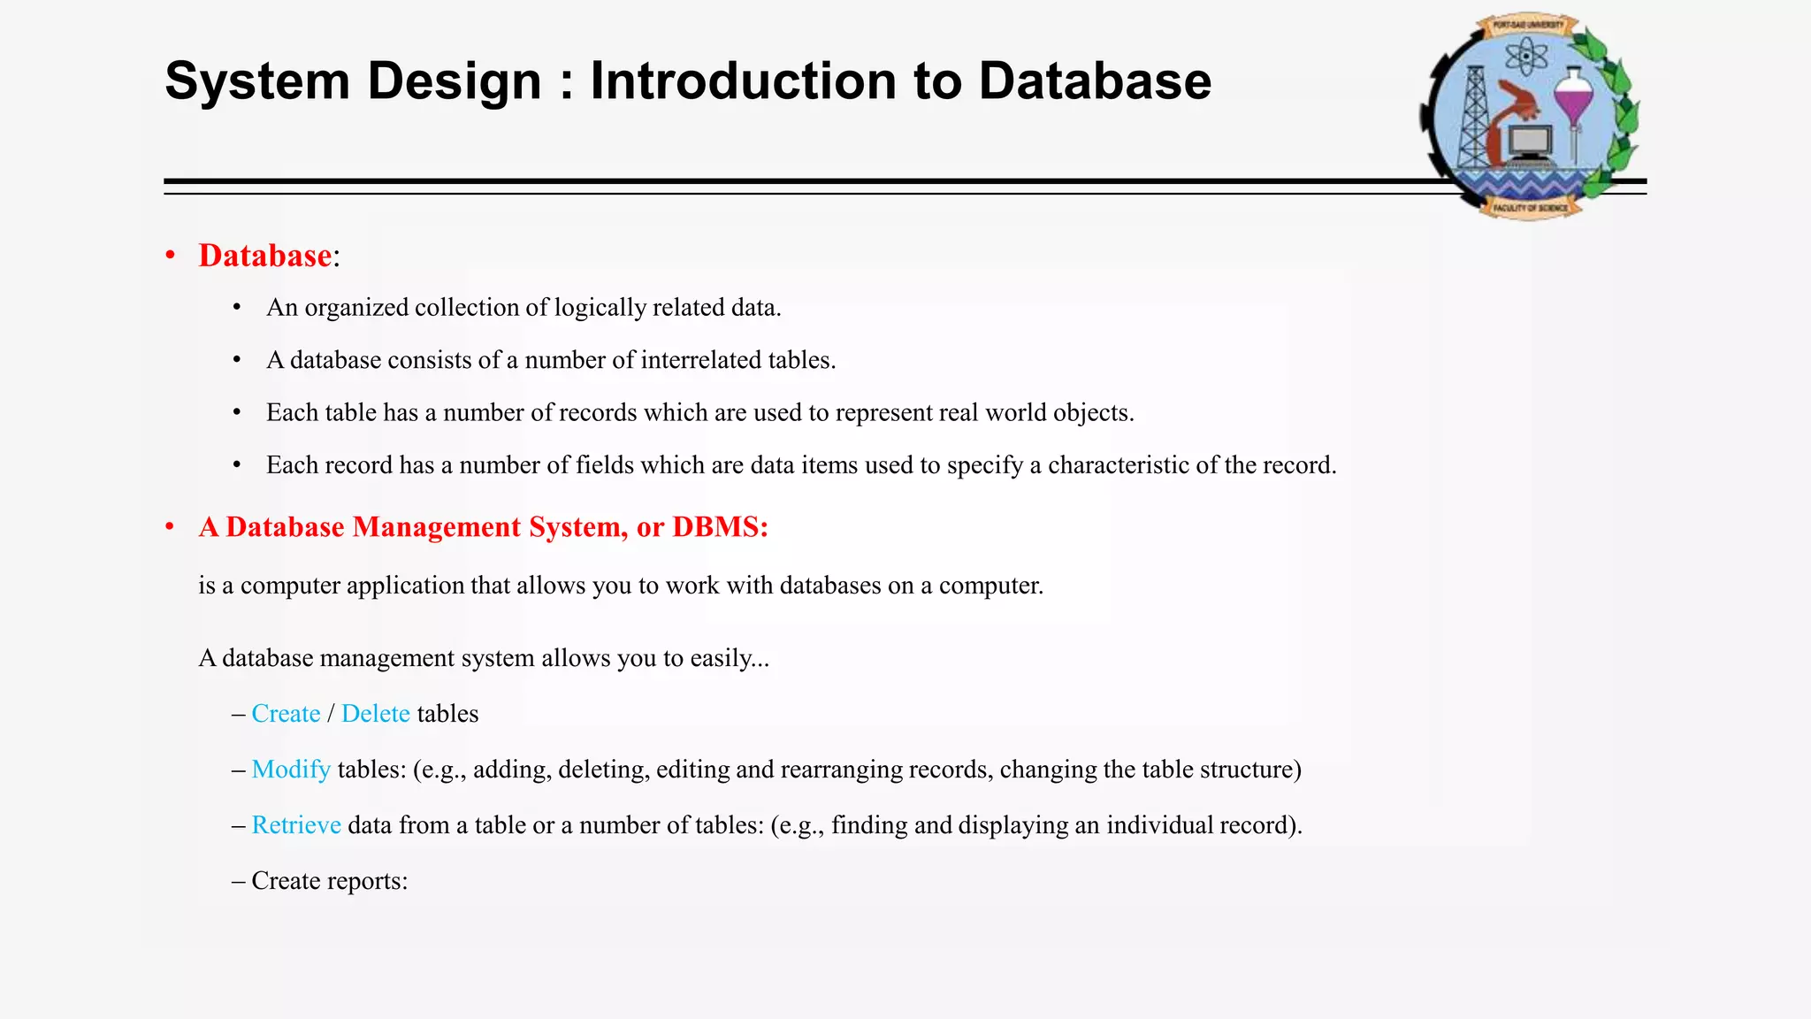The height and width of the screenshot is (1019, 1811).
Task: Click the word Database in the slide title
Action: [1095, 81]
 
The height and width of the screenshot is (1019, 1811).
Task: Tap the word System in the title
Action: [257, 81]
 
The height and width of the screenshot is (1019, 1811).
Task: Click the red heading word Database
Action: [264, 256]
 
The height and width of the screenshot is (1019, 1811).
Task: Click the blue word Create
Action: [286, 714]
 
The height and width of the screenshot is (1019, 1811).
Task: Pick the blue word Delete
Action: [376, 714]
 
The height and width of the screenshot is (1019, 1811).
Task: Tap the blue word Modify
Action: [291, 770]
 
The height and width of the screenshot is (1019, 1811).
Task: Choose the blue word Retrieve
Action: [296, 825]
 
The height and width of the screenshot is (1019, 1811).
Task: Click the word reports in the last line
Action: [368, 881]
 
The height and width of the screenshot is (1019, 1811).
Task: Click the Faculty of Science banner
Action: [1530, 208]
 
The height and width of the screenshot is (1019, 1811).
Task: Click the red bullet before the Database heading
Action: [170, 256]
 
